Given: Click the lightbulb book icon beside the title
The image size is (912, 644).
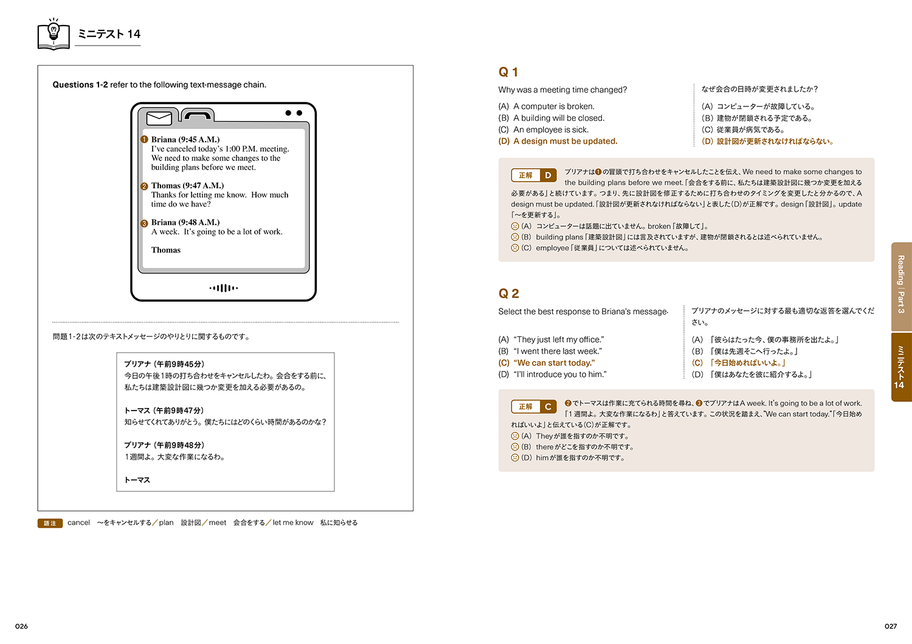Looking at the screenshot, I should pyautogui.click(x=54, y=35).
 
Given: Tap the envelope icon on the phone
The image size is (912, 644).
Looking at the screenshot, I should pyautogui.click(x=159, y=117).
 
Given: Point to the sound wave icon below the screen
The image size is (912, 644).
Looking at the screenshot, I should pyautogui.click(x=224, y=288).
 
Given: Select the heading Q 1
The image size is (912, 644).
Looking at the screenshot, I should pyautogui.click(x=508, y=72).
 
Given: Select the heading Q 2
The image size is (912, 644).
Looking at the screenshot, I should pyautogui.click(x=508, y=294).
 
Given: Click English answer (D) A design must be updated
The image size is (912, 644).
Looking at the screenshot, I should pyautogui.click(x=558, y=141).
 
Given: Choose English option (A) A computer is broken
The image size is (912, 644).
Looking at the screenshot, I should pyautogui.click(x=546, y=106).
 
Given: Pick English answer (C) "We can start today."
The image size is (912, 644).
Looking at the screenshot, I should pyautogui.click(x=547, y=363).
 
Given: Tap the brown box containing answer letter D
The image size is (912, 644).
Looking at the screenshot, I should pyautogui.click(x=548, y=176).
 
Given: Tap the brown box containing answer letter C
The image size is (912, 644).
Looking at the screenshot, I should pyautogui.click(x=548, y=407).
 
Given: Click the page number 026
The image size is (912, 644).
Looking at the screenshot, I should pyautogui.click(x=22, y=626).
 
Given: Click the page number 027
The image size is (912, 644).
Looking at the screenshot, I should pyautogui.click(x=891, y=626).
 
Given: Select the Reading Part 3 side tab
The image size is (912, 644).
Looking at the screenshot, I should pyautogui.click(x=901, y=285).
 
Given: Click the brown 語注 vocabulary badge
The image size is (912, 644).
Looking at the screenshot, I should pyautogui.click(x=50, y=523).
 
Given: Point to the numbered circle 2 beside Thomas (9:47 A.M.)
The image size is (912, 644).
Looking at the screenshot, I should pyautogui.click(x=144, y=187).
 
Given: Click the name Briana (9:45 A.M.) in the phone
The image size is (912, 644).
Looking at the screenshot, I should pyautogui.click(x=185, y=140).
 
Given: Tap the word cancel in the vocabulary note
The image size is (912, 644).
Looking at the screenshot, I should pyautogui.click(x=78, y=523).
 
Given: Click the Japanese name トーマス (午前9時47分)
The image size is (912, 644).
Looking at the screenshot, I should pyautogui.click(x=164, y=410).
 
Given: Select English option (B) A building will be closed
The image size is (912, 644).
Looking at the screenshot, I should pyautogui.click(x=551, y=118).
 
